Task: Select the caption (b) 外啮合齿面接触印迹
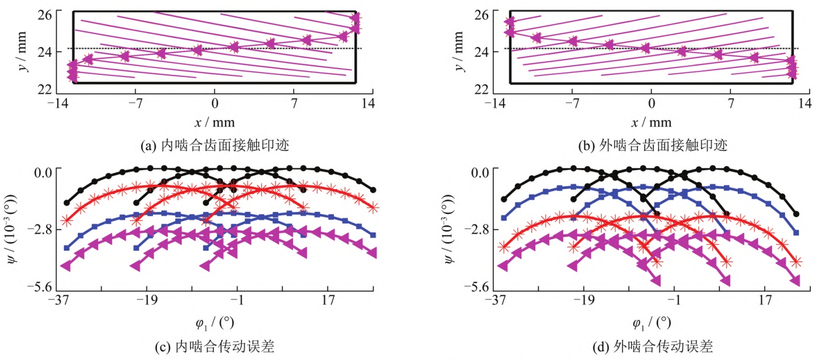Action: point(652,146)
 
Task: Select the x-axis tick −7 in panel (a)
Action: point(135,103)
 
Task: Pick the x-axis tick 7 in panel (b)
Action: point(731,103)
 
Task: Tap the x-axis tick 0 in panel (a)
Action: point(214,103)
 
